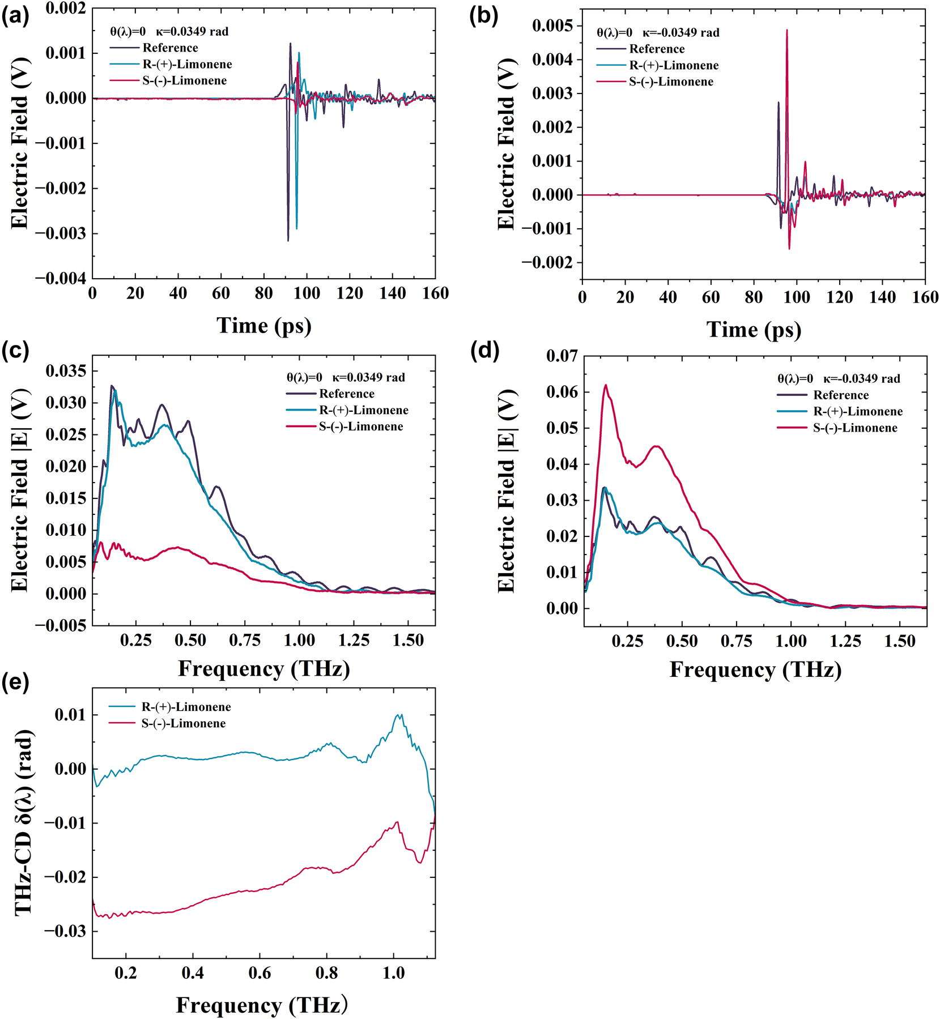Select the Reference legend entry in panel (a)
[x=170, y=48]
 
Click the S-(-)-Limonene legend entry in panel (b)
[x=671, y=82]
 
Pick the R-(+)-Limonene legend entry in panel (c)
[x=363, y=410]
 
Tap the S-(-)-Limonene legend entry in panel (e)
[x=183, y=723]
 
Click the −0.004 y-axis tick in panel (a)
[x=61, y=278]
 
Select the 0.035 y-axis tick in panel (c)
[x=66, y=371]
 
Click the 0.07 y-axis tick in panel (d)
[x=562, y=356]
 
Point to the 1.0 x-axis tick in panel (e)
[x=393, y=973]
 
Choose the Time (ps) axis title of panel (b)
[x=753, y=330]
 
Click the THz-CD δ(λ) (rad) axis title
[x=24, y=822]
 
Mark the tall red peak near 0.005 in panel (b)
[x=786, y=32]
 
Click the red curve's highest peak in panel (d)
[x=605, y=385]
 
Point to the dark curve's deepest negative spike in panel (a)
[x=288, y=240]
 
